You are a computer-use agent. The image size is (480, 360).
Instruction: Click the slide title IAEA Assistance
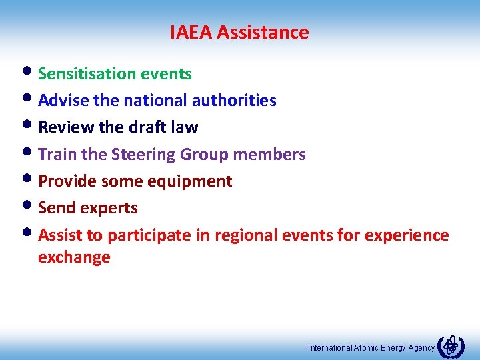click(239, 32)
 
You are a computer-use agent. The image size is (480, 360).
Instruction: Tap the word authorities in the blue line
click(234, 101)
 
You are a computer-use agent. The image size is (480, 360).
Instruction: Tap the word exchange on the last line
click(74, 257)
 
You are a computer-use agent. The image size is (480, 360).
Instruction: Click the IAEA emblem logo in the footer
click(450, 346)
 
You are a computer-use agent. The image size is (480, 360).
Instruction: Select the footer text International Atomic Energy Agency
click(371, 348)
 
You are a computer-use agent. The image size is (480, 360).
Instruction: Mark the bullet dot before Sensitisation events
click(31, 71)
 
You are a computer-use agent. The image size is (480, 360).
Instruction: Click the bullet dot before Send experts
click(31, 206)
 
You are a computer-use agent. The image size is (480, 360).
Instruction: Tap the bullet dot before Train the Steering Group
click(31, 153)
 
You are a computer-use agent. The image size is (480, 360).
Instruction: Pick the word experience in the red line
click(407, 235)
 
